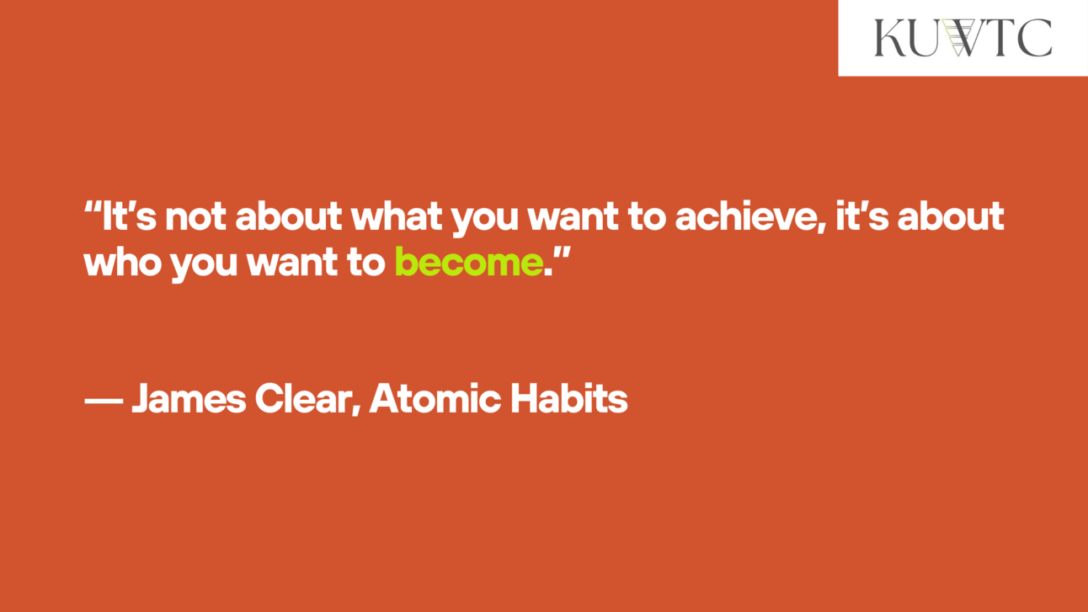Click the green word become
click(469, 262)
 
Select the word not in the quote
click(195, 216)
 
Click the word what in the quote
click(397, 216)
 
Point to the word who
click(122, 262)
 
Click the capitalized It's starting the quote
click(129, 216)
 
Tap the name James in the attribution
click(189, 399)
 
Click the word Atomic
click(435, 398)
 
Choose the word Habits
click(569, 398)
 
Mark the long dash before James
click(104, 401)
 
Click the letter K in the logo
click(890, 38)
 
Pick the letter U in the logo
click(921, 39)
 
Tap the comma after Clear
click(356, 411)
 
